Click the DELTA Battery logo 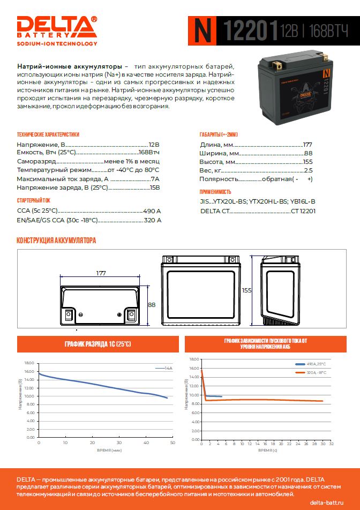coord(57,31)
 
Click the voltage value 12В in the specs coord(154,145)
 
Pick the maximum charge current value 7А coord(155,179)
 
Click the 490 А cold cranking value coord(152,212)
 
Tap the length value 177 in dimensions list coord(307,145)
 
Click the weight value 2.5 coord(308,170)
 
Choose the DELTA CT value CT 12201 coord(303,212)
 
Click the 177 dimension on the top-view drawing coord(101,273)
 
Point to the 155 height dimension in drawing coord(246,290)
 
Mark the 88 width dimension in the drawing coord(152,305)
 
